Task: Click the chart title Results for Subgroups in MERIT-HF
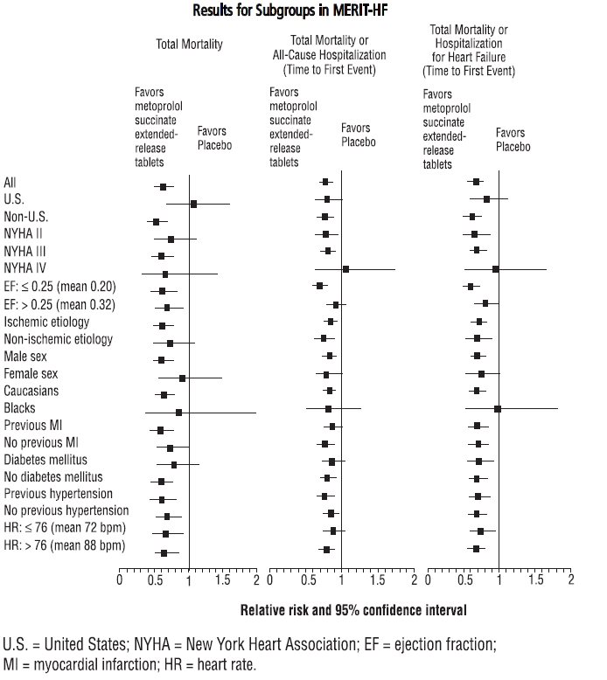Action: (303, 11)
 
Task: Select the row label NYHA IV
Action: (25, 271)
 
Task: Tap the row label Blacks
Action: (19, 408)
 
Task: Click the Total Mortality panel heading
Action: (189, 44)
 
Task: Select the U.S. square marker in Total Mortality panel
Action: (193, 204)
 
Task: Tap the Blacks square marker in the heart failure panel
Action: (498, 409)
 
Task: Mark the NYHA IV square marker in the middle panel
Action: (345, 269)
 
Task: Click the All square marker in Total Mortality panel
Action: (163, 186)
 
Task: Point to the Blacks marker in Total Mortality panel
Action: (179, 412)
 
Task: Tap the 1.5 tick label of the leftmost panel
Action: (222, 579)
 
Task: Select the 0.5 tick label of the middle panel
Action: (308, 579)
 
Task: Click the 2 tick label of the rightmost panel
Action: (570, 579)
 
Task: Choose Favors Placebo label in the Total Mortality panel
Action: (214, 138)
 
